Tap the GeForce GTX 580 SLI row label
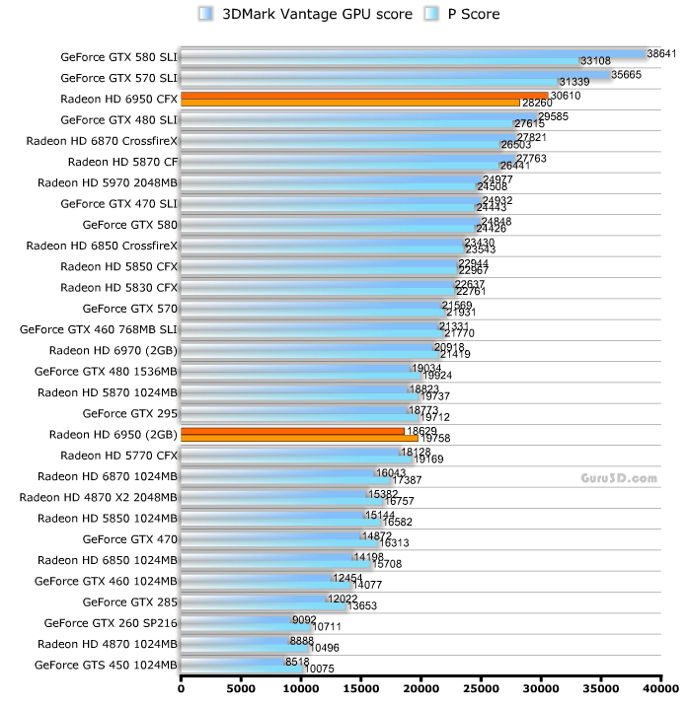[x=119, y=57]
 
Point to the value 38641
[x=660, y=53]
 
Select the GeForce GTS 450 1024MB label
[x=106, y=665]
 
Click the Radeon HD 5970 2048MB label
[x=108, y=182]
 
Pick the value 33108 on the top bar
[x=596, y=61]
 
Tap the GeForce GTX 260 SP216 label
[x=111, y=622]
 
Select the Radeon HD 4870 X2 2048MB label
[x=99, y=497]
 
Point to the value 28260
[x=536, y=103]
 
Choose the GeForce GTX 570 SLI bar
[x=395, y=78]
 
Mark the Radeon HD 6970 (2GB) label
[x=114, y=350]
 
